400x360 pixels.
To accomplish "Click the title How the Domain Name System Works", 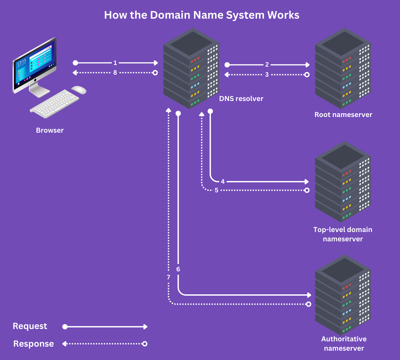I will tap(202, 15).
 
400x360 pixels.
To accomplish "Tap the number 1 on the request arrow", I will tap(115, 63).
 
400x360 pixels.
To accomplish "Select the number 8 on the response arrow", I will tap(115, 73).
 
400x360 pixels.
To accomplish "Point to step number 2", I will tap(267, 65).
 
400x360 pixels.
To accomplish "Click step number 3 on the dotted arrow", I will tap(267, 75).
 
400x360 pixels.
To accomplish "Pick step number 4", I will tap(223, 182).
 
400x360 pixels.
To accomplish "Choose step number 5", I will tap(216, 190).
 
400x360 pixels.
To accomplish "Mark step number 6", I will tap(178, 269).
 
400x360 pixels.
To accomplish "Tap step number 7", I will tap(168, 277).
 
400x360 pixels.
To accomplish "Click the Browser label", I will tap(50, 130).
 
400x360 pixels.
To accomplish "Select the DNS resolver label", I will tap(241, 99).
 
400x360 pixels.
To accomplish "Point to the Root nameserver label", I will tap(343, 115).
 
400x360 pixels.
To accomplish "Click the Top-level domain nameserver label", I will tap(343, 234).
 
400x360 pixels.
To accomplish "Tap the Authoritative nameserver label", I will tap(344, 344).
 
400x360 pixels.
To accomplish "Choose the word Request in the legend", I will tap(30, 326).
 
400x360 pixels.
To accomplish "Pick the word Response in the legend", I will tap(33, 344).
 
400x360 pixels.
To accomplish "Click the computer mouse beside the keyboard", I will tap(79, 90).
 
